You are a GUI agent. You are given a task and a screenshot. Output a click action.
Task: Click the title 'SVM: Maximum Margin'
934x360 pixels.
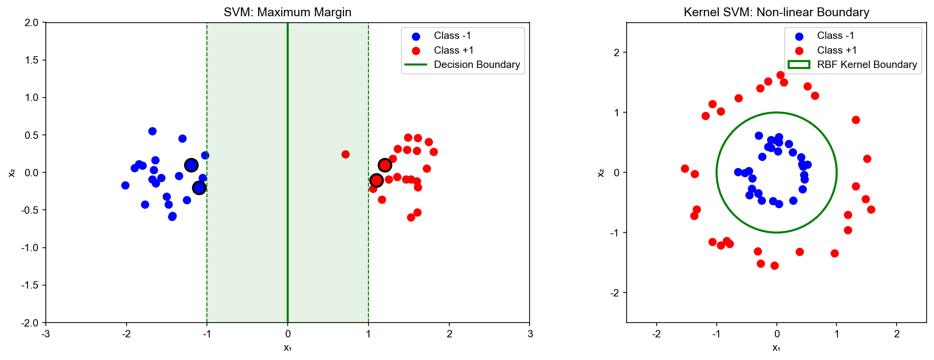click(x=287, y=12)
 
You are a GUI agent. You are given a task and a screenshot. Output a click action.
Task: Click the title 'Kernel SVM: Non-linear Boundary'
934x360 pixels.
click(x=776, y=12)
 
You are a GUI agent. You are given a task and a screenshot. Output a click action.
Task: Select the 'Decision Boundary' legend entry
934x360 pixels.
click(x=476, y=65)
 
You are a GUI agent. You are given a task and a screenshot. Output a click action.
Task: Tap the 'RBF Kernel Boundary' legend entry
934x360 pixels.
click(x=867, y=65)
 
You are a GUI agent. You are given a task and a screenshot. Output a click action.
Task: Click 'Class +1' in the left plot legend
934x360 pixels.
click(x=453, y=50)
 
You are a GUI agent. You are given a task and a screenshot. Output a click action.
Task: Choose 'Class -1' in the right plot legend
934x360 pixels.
click(x=835, y=35)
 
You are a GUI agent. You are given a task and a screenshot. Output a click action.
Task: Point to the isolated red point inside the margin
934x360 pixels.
click(x=345, y=154)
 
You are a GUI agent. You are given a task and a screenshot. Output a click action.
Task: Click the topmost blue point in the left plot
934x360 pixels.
click(x=152, y=131)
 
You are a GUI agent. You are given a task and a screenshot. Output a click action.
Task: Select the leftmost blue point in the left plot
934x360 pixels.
click(x=125, y=185)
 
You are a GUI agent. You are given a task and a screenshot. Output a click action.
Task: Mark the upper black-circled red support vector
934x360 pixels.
click(x=385, y=165)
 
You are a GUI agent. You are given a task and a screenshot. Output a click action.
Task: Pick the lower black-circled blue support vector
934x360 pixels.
click(x=199, y=188)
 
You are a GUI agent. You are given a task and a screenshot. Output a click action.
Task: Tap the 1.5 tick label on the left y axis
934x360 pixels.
click(x=32, y=60)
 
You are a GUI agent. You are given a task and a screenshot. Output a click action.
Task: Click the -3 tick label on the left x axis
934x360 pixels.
click(x=46, y=334)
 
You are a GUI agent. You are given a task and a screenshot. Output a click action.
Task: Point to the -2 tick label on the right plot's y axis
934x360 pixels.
click(x=615, y=293)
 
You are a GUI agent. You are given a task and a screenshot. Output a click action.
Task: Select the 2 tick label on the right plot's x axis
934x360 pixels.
click(x=897, y=334)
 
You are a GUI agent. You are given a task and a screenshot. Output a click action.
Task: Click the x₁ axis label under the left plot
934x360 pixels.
click(x=287, y=348)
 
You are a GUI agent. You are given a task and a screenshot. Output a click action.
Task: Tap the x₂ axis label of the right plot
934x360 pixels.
click(x=601, y=172)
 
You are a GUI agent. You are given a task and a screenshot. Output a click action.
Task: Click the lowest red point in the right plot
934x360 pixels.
click(x=774, y=265)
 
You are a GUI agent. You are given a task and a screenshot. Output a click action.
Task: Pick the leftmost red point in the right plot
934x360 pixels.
click(x=685, y=168)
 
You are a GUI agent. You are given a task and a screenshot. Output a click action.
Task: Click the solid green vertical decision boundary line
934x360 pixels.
click(x=288, y=246)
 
